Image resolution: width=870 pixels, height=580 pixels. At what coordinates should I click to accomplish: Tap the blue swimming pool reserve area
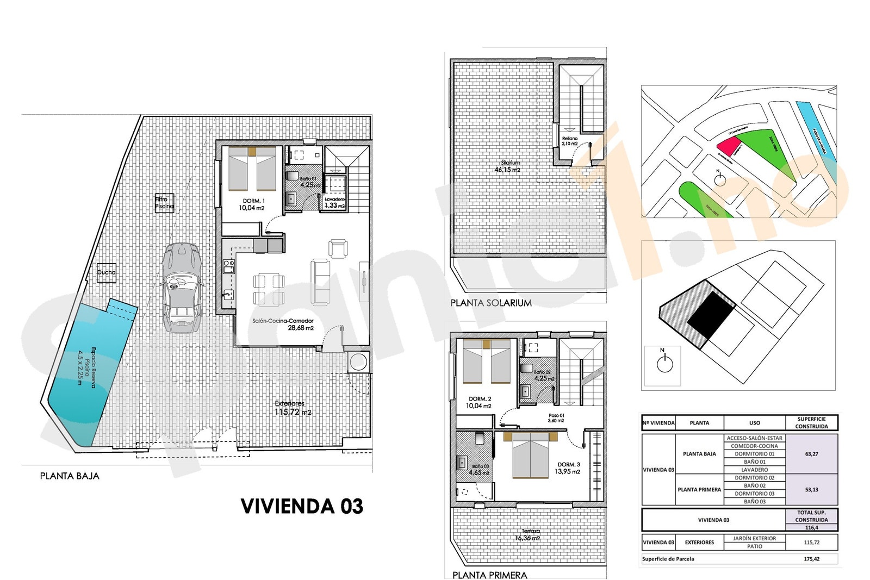[x=87, y=370]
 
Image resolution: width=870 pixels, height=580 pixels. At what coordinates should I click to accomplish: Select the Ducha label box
[x=106, y=272]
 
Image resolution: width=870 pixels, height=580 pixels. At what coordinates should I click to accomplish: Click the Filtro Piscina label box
[x=164, y=203]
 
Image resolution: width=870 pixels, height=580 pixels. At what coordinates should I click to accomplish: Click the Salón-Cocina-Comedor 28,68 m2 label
[x=283, y=325]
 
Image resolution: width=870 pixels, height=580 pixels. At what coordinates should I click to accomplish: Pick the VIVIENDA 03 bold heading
[x=302, y=506]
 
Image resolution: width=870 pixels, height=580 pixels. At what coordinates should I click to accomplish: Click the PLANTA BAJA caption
[x=70, y=476]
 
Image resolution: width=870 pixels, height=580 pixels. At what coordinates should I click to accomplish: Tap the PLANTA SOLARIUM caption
[x=491, y=303]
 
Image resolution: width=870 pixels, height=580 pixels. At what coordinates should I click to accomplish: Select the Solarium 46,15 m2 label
[x=508, y=166]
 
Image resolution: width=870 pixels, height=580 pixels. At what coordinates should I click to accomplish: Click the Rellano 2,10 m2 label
[x=570, y=141]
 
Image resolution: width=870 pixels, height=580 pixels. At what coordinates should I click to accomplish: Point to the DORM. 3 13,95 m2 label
[x=568, y=468]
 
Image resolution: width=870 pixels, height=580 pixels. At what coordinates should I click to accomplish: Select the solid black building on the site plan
[x=711, y=316]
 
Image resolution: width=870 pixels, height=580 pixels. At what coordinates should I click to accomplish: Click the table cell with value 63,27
[x=811, y=454]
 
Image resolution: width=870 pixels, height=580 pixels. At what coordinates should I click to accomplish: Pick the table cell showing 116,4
[x=811, y=527]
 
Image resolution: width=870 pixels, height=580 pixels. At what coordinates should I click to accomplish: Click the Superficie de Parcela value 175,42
[x=811, y=559]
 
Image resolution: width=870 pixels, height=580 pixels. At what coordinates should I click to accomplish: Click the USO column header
[x=754, y=423]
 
